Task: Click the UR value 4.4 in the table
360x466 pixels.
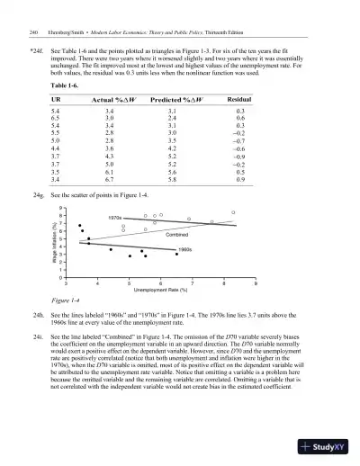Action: [x=58, y=149]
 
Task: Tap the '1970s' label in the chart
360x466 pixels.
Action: [x=114, y=218]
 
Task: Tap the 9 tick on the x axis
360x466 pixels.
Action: [x=256, y=282]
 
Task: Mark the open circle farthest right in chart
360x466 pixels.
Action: [x=233, y=212]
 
